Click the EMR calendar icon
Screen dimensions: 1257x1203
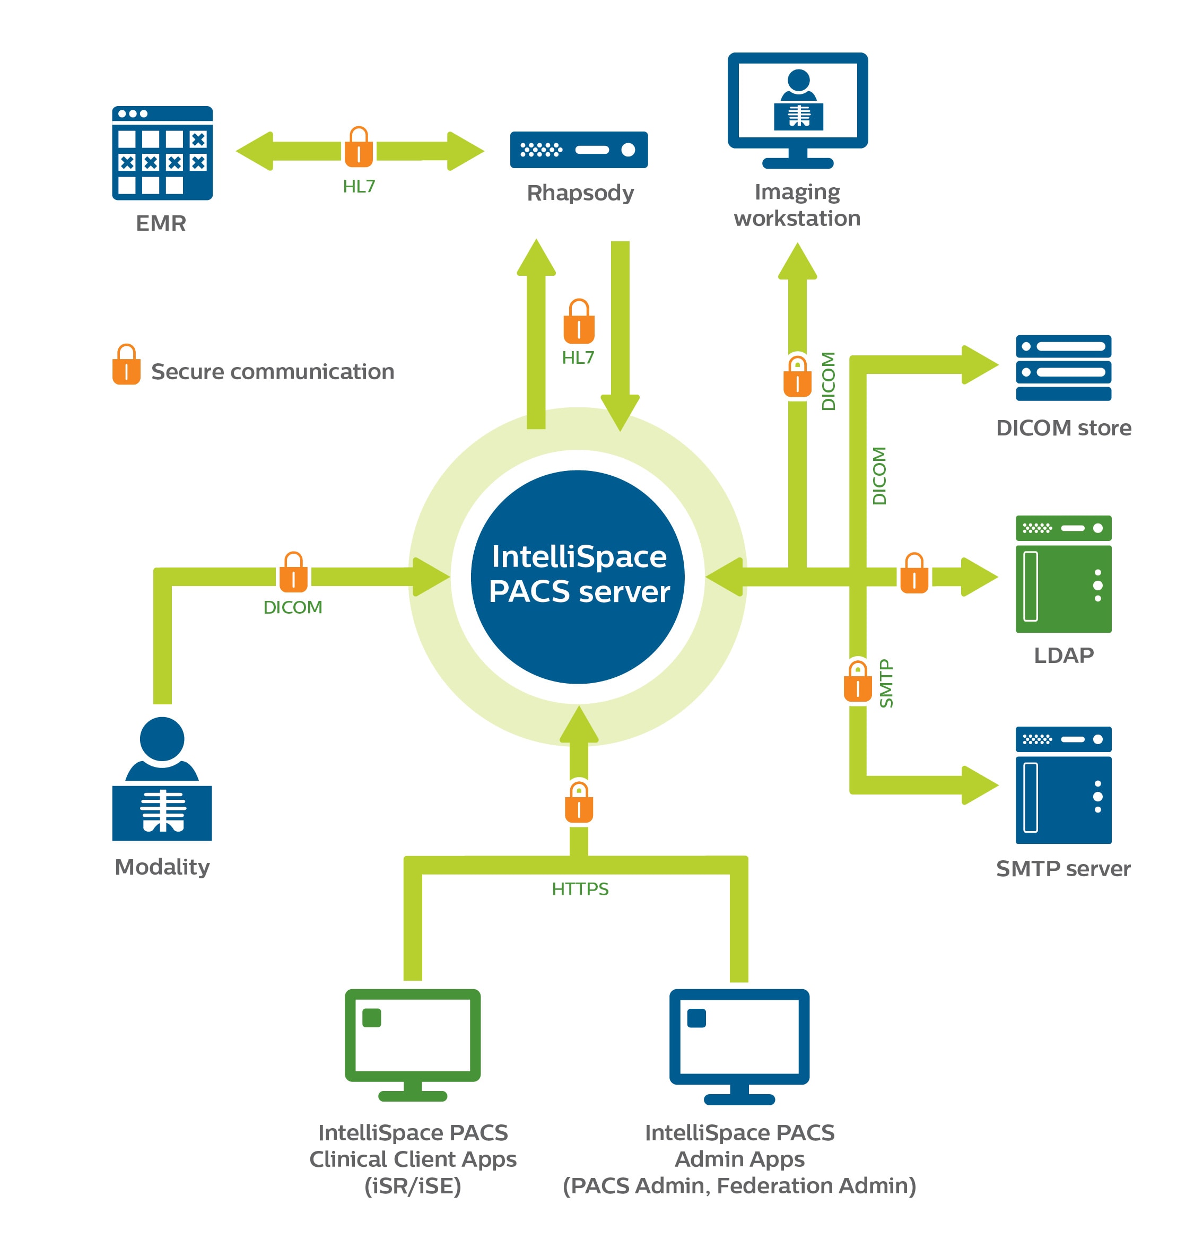coord(162,153)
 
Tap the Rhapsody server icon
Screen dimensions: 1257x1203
coord(578,150)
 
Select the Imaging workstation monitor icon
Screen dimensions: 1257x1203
coord(797,109)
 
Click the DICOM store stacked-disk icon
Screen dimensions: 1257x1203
coord(1063,368)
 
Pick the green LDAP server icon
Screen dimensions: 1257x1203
coord(1063,574)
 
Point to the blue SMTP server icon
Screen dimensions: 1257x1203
coord(1063,785)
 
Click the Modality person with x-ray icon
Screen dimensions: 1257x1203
coord(162,779)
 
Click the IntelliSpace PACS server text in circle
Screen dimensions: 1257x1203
coord(578,574)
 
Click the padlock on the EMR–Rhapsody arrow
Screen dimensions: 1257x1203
coord(359,147)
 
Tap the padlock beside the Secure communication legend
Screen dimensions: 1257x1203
coord(126,365)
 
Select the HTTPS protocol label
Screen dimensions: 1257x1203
coord(580,889)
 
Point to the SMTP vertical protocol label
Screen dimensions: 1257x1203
coord(886,683)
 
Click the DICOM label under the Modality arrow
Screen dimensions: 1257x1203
coord(292,607)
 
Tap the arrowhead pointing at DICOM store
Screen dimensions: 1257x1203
coord(979,364)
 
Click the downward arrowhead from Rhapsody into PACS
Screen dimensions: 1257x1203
coord(620,412)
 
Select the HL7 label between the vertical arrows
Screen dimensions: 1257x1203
coord(578,358)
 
